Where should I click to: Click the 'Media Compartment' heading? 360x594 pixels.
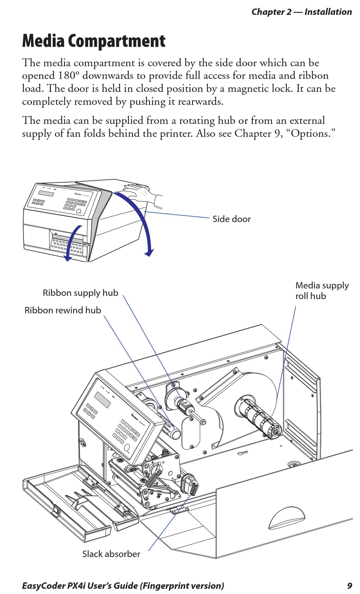point(94,41)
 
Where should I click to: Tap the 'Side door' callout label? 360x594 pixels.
point(232,219)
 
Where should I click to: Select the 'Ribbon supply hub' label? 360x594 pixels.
point(81,293)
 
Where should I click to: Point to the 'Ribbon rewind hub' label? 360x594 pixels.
point(63,310)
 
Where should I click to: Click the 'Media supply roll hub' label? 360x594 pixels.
point(322,291)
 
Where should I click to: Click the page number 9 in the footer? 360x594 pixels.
point(350,586)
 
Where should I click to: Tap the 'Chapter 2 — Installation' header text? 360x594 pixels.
point(302,12)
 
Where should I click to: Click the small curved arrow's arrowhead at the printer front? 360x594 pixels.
point(67,258)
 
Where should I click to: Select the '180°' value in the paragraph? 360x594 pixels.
point(69,75)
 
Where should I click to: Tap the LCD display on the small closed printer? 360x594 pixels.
point(46,193)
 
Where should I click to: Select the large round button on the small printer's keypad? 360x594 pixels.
point(79,212)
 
